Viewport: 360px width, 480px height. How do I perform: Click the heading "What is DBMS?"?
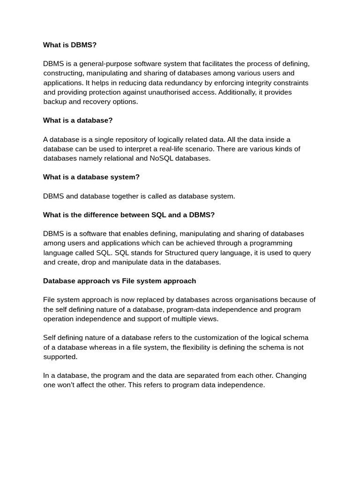pos(69,45)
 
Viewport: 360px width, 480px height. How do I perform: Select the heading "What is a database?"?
pos(78,120)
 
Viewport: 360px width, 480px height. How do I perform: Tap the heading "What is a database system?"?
pos(91,177)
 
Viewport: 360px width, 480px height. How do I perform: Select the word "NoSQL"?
pos(161,158)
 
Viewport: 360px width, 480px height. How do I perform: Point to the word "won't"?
pos(68,385)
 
